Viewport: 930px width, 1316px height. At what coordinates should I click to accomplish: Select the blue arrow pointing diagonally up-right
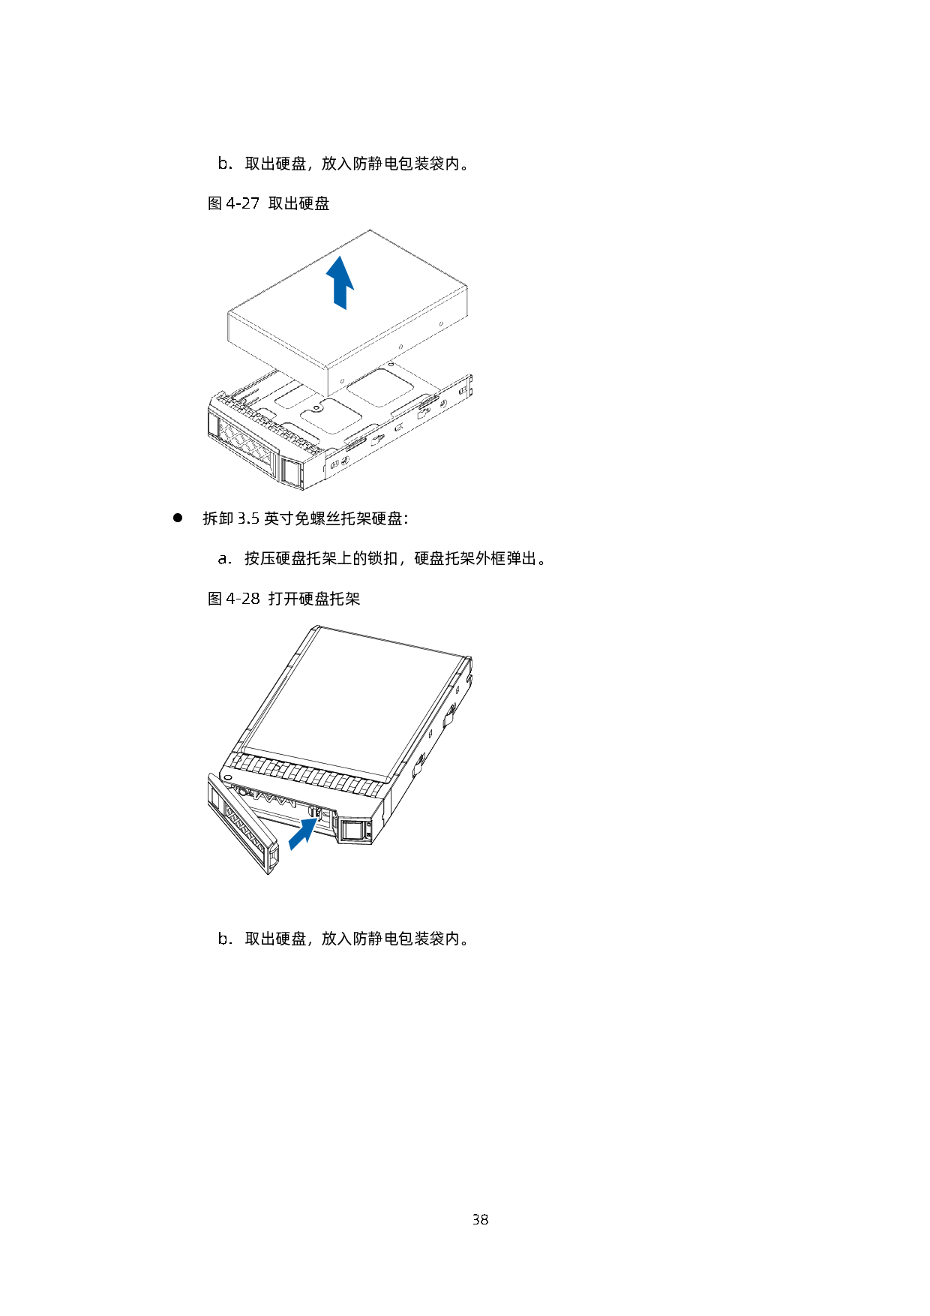coord(304,834)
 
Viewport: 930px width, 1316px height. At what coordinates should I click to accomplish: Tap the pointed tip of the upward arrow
coord(340,256)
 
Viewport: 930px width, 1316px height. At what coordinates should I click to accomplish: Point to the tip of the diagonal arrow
coord(319,818)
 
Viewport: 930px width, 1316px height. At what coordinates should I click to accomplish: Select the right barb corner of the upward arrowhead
coord(354,289)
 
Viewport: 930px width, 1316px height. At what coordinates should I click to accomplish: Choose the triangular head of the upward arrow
coord(340,272)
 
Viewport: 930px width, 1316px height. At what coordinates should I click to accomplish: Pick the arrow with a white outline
coord(304,834)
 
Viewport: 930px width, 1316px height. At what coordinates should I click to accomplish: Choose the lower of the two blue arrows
coord(304,834)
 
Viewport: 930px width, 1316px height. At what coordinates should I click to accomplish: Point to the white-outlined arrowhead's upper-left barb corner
coord(301,820)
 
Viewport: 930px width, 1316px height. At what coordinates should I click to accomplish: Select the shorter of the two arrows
coord(304,834)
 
